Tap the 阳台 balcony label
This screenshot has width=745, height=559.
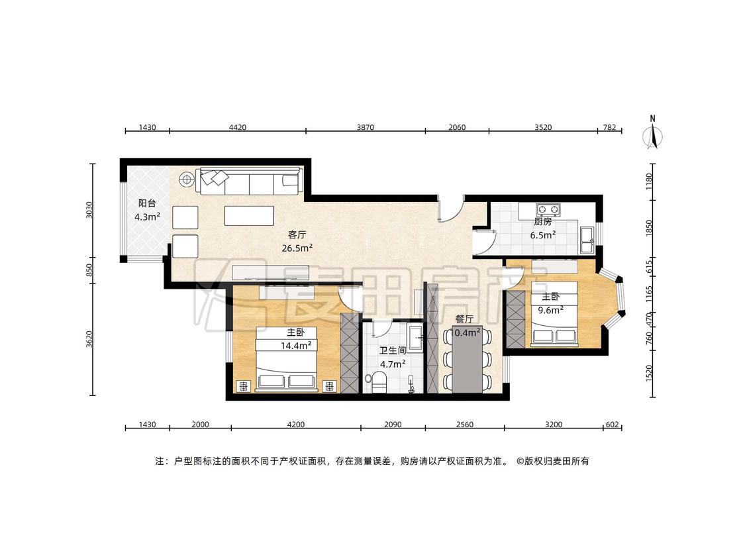coord(147,203)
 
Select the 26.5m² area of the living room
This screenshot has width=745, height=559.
coord(297,248)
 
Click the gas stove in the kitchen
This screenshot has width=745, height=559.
coord(548,209)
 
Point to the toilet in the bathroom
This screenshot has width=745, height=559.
coord(378,381)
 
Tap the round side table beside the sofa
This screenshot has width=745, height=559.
coord(187,179)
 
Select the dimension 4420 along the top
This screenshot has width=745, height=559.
coord(238,127)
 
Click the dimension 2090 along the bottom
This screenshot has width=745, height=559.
coord(393,425)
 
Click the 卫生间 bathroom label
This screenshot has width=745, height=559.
coord(393,351)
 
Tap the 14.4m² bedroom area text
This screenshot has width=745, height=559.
coord(296,346)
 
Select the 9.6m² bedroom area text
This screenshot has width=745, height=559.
coord(551,310)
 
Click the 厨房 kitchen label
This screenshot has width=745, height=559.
coord(542,221)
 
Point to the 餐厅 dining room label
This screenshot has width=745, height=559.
coord(464,319)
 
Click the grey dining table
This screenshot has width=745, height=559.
coord(468,360)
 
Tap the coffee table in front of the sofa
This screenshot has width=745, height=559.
coord(250,215)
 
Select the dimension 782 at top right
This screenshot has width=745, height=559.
coord(609,127)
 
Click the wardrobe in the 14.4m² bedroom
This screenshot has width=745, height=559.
coord(349,353)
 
